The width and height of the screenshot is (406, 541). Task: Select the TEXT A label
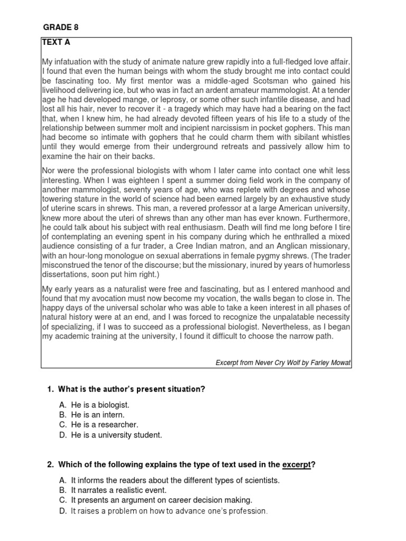point(56,43)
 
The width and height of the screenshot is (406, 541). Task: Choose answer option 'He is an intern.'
point(98,415)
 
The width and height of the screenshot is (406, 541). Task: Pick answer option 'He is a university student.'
point(116,435)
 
